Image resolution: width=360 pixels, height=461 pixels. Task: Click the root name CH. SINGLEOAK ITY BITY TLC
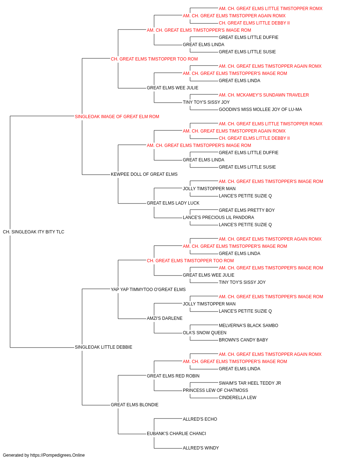tap(33, 232)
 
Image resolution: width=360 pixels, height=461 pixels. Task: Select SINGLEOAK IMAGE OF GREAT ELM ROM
tap(117, 117)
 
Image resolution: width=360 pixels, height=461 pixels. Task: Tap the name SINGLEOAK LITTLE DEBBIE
tap(103, 347)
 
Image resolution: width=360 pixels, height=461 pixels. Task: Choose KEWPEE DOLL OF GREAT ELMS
tap(144, 174)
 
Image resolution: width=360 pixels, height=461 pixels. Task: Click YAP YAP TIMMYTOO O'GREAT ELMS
tap(148, 290)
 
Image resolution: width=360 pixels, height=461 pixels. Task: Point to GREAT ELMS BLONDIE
tap(135, 405)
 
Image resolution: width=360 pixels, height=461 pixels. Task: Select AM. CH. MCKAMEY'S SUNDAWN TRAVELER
tap(264, 95)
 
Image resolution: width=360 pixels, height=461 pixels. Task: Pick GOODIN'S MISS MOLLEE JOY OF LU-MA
tap(260, 109)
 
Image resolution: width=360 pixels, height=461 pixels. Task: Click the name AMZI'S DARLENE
tap(165, 318)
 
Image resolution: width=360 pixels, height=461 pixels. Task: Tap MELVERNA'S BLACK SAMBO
tap(248, 326)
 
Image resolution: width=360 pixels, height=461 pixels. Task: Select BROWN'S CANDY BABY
tap(243, 340)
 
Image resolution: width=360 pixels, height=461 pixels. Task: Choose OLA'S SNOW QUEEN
tap(204, 333)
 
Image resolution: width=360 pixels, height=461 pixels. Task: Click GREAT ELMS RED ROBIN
tap(173, 376)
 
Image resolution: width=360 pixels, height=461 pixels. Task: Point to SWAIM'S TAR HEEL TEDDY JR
tap(250, 383)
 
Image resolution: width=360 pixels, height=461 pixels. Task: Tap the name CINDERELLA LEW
tap(238, 398)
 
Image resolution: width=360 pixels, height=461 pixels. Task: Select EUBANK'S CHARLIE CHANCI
tap(176, 434)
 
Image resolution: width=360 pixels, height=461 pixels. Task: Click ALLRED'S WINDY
tap(201, 448)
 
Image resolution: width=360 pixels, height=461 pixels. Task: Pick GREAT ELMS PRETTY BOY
tap(247, 210)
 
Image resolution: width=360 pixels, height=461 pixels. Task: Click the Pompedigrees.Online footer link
tap(58, 455)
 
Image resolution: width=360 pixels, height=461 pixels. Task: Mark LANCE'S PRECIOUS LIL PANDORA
tap(219, 218)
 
